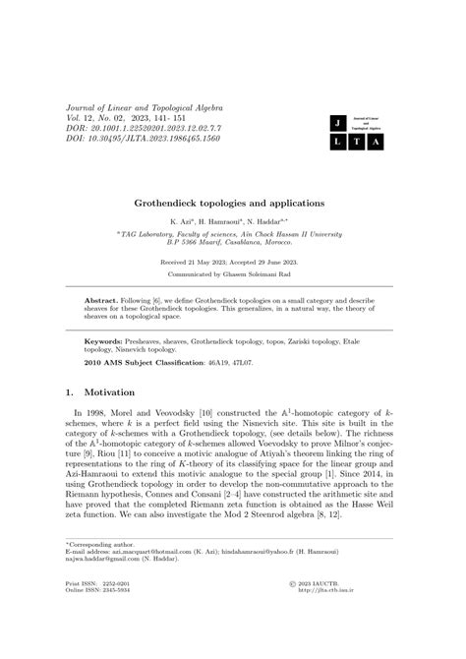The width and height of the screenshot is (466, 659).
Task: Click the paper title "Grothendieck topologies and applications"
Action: click(232, 203)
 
